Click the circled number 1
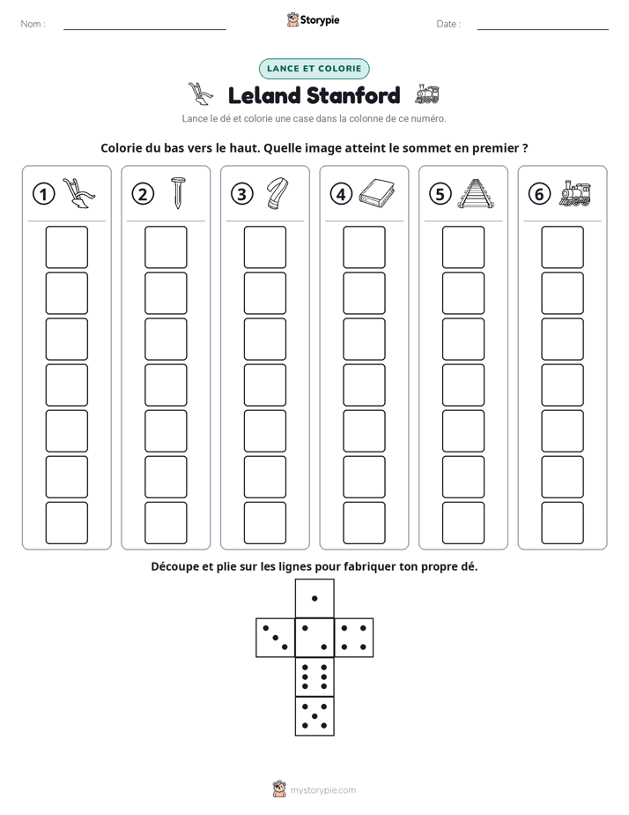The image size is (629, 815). coord(43,194)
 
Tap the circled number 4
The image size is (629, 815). coord(341,194)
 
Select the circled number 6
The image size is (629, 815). coord(539,194)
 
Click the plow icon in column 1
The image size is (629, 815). coord(79,193)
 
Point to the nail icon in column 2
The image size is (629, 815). coord(177,193)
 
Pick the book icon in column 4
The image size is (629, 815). coord(377,193)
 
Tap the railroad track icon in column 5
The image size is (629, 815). coord(476,193)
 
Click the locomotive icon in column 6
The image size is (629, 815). coord(575,193)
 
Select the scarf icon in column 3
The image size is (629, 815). coord(277,193)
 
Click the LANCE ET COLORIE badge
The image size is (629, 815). coord(314,69)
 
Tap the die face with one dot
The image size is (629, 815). coord(314,598)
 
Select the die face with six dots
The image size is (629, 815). coord(314,677)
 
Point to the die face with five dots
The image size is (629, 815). coord(314,716)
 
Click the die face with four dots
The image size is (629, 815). coord(354,638)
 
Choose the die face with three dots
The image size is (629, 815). coord(275,638)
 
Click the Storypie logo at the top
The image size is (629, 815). coord(313,19)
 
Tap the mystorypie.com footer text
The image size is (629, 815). coord(322,790)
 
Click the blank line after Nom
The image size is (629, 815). coord(144,29)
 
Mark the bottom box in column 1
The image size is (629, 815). coord(66,522)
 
